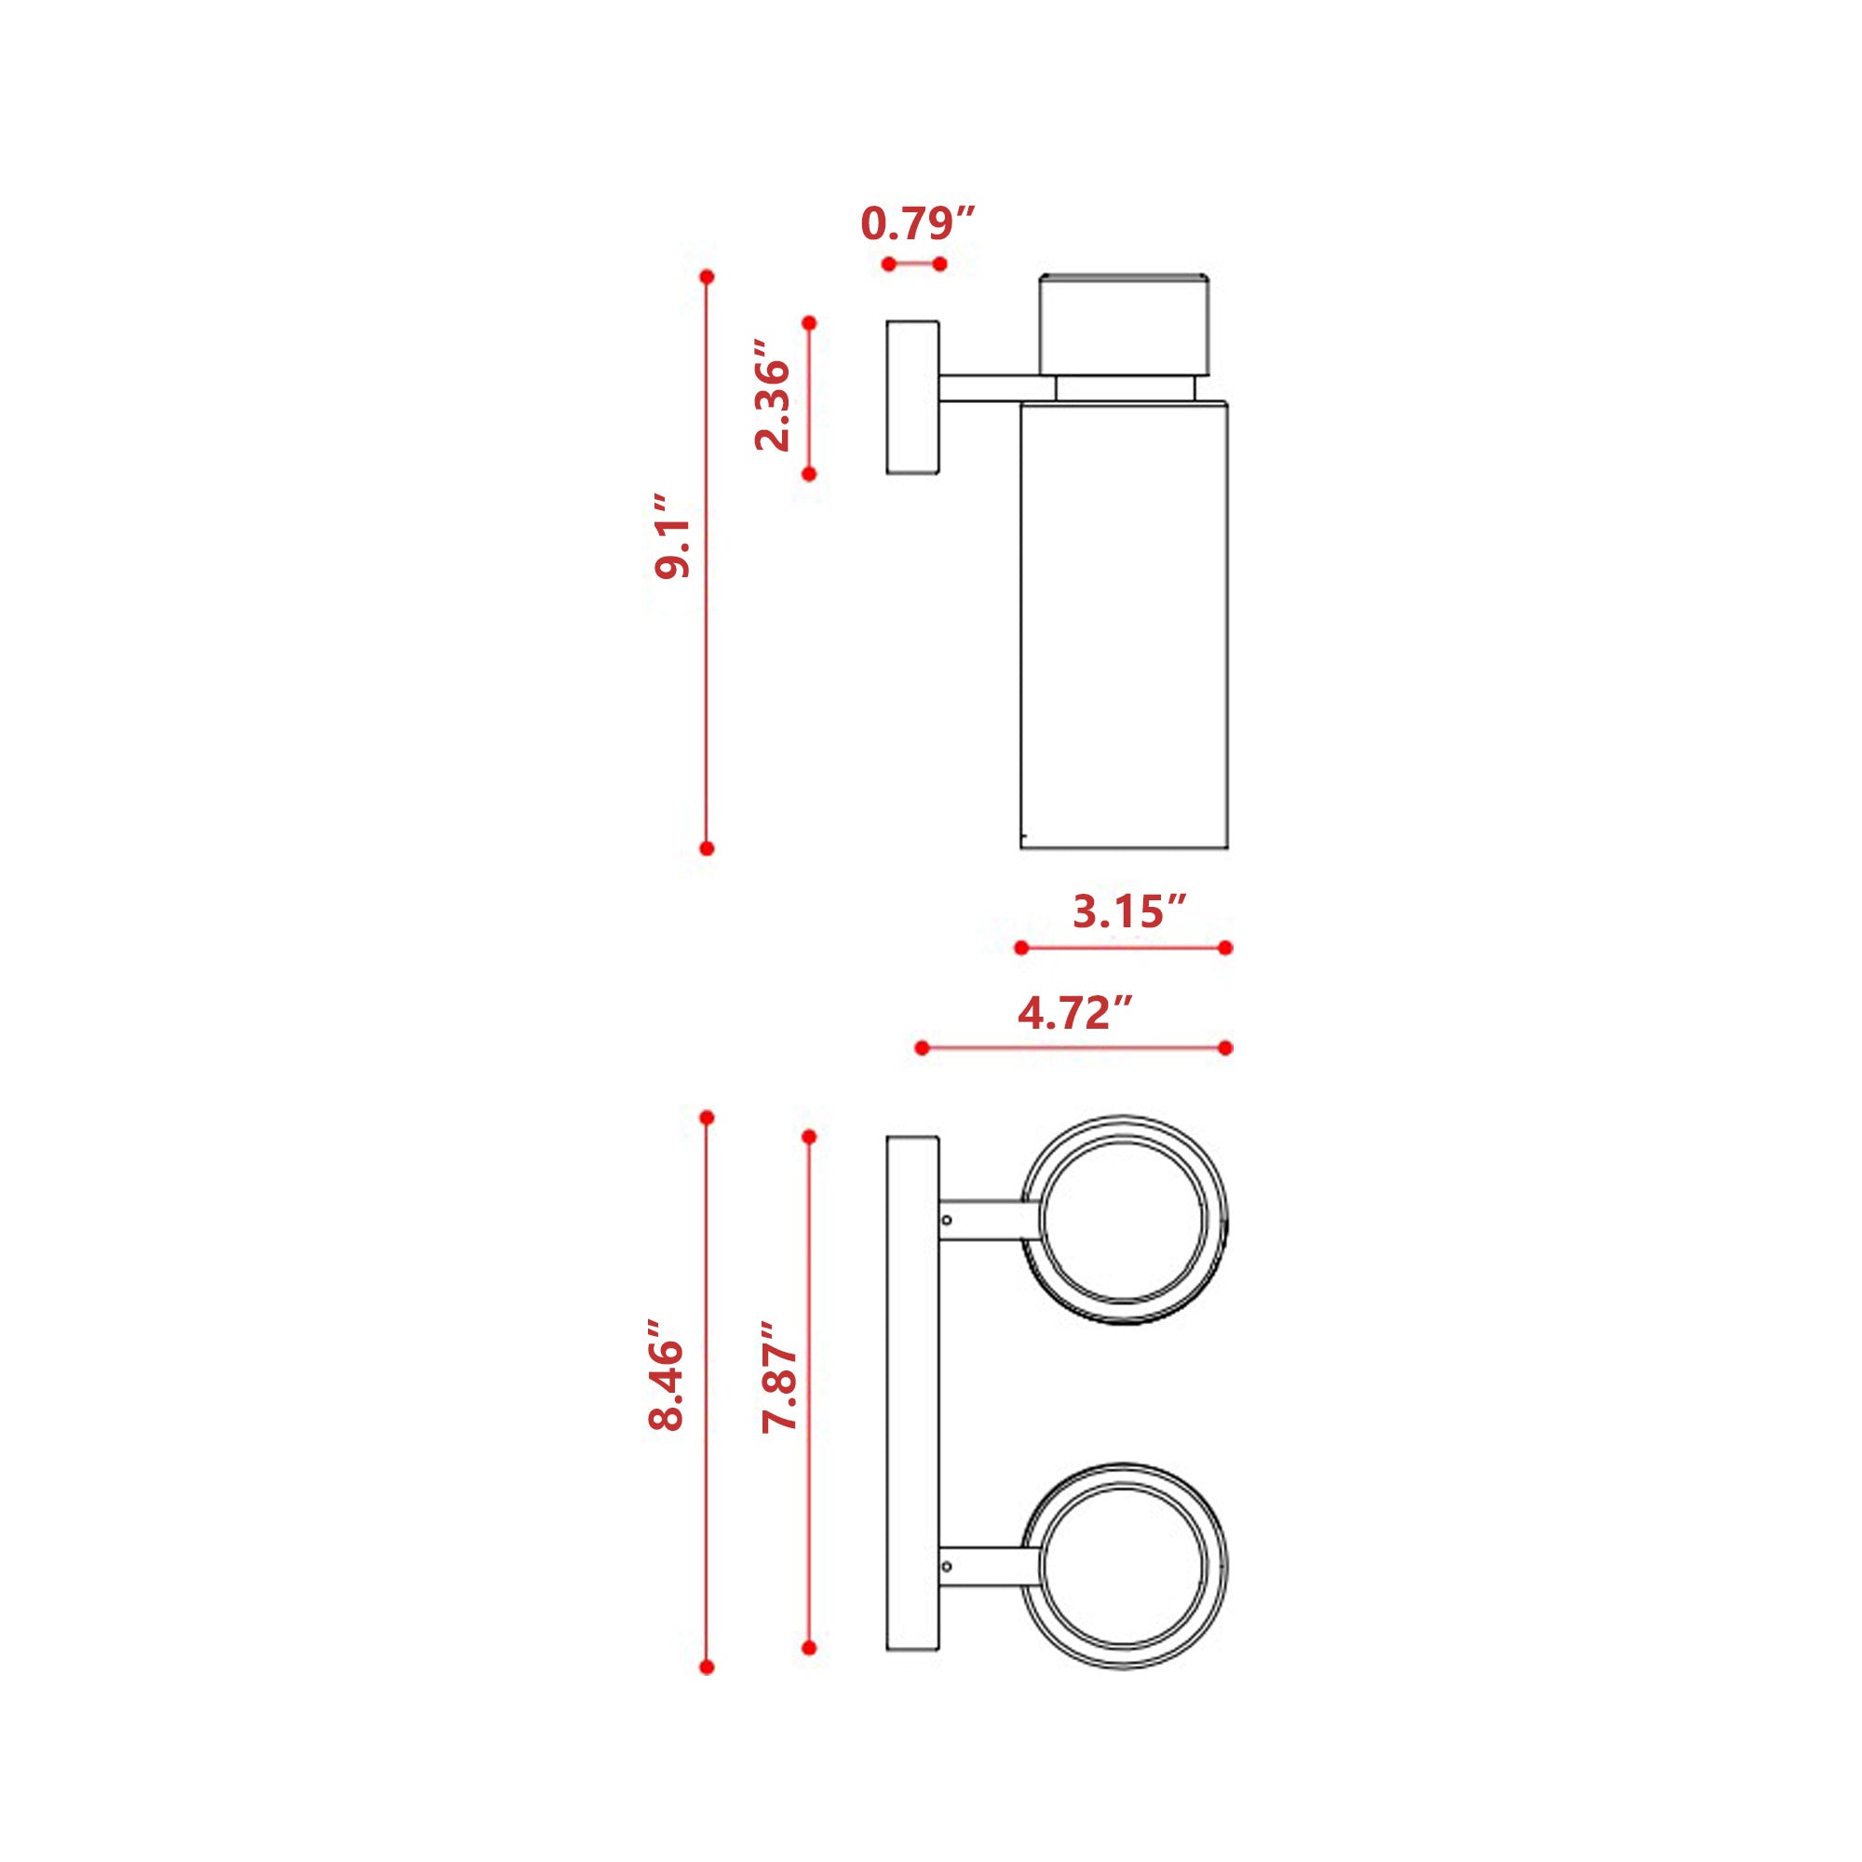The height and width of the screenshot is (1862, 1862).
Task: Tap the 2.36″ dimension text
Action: pos(773,395)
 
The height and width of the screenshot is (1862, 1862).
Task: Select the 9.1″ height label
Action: pos(672,537)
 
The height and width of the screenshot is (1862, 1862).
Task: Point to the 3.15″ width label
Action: pos(1129,911)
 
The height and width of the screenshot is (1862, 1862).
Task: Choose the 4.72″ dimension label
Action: pos(1074,1013)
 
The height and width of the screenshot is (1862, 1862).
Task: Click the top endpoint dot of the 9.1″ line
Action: pos(707,277)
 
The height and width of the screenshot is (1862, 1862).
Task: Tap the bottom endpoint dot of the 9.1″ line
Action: pos(707,848)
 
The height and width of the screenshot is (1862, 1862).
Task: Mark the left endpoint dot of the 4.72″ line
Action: pos(922,1047)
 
